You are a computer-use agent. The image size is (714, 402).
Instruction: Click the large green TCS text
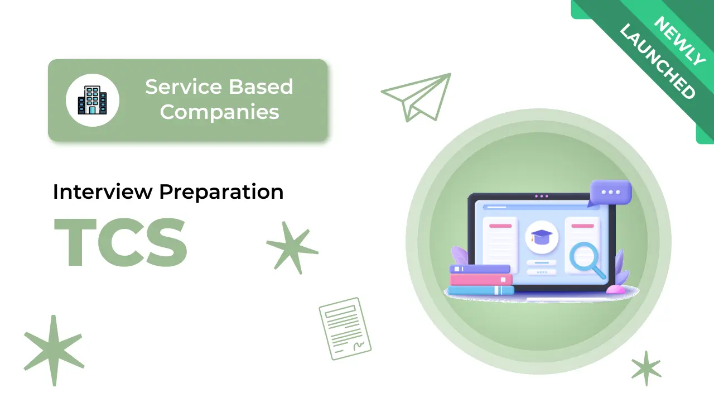[120, 242]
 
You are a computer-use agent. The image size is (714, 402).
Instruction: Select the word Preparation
[221, 193]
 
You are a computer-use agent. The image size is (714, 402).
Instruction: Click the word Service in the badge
[184, 87]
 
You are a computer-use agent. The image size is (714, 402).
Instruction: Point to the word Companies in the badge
[220, 113]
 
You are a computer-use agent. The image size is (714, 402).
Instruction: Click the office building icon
[93, 100]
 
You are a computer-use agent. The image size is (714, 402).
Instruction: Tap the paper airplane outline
[416, 97]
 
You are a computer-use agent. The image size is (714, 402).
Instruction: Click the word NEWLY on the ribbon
[679, 41]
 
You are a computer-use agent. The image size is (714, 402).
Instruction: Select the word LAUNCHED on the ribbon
[657, 61]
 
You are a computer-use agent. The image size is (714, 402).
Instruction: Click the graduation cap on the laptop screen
[541, 237]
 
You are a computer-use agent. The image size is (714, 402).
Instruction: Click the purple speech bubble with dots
[610, 193]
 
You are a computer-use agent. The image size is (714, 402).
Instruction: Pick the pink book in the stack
[481, 280]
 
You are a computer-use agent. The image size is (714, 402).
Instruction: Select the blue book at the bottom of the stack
[481, 290]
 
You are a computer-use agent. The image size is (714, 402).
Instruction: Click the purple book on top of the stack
[480, 269]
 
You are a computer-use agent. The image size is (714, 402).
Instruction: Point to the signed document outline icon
[345, 329]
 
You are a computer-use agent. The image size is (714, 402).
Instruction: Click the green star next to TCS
[292, 247]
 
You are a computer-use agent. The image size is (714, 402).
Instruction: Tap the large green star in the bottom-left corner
[54, 350]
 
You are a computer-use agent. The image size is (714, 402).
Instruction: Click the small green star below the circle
[646, 368]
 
